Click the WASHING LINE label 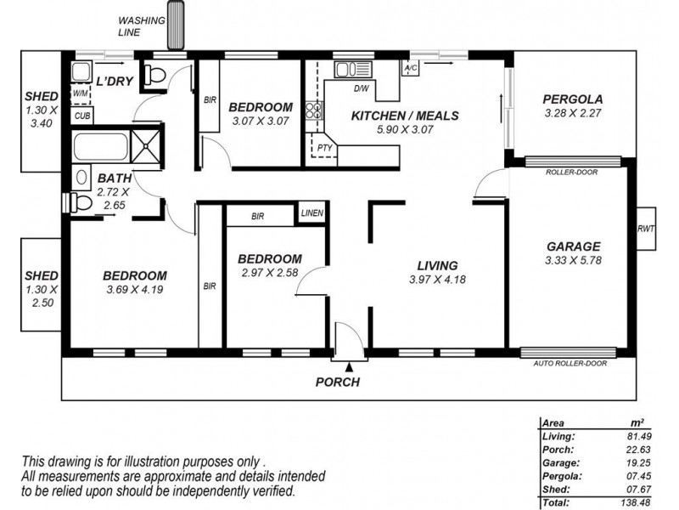141,26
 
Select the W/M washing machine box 81,93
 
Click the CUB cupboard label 82,116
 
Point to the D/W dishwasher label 361,88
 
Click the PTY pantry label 324,148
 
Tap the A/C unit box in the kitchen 411,67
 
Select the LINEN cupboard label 311,213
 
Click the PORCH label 338,382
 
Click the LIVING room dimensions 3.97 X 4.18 437,280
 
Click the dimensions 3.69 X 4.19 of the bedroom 134,290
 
